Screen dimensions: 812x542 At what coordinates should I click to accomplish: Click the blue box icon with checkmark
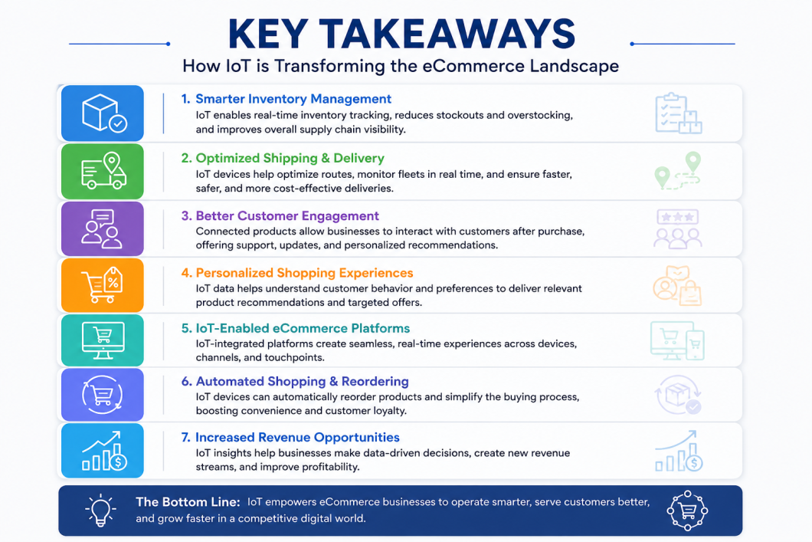coord(103,113)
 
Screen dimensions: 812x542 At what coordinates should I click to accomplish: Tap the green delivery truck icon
coord(103,172)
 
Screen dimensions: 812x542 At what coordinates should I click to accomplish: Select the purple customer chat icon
coord(103,228)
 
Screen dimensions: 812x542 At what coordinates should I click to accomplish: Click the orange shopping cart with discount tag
coord(103,285)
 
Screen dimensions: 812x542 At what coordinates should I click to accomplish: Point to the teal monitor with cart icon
coord(103,340)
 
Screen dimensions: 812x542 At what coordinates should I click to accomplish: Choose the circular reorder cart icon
coord(103,394)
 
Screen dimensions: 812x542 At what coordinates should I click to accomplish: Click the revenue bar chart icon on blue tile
coord(103,450)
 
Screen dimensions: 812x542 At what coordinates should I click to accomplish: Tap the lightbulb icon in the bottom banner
coord(100,510)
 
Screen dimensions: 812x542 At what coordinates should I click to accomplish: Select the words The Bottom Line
coord(188,501)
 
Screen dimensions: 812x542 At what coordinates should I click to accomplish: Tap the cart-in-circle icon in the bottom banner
coord(687,511)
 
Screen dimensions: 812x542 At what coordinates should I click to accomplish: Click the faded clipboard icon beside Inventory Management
coord(679,113)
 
